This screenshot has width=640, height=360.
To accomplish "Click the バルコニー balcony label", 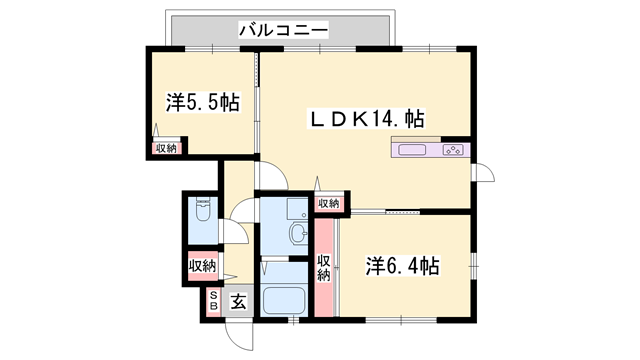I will coord(283,31).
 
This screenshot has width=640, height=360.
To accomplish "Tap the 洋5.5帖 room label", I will coord(202,102).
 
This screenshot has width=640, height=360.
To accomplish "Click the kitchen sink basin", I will coord(412,151).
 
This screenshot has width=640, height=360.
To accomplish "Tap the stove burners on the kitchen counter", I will coord(452,151).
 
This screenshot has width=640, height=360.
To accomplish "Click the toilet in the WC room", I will coord(203,213).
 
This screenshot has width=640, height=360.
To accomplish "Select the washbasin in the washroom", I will coord(298,235).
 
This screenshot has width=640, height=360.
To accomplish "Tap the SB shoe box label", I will coord(213,302).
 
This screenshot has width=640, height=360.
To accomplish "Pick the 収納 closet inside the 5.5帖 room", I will coord(165,148).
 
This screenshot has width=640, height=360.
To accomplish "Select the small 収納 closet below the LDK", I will coord(328,204).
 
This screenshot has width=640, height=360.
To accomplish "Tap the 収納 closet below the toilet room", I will coord(202,266).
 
